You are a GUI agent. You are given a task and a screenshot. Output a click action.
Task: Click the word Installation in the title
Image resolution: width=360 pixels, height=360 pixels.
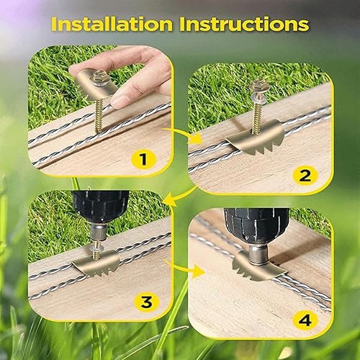(x=112, y=24)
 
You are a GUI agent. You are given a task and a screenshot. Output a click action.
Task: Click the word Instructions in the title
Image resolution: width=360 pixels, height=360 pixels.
(x=244, y=24)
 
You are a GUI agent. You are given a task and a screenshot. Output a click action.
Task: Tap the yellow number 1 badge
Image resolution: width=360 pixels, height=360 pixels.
(x=143, y=159)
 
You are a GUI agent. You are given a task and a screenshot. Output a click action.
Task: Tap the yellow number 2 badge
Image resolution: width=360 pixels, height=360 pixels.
(x=305, y=176)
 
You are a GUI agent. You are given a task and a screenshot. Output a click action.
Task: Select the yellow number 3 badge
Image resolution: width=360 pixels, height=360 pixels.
(x=146, y=302)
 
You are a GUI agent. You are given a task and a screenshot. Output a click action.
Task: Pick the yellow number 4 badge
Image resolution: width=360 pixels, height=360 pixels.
(x=305, y=320)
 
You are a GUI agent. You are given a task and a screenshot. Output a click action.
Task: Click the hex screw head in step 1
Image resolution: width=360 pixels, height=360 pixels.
(x=99, y=75)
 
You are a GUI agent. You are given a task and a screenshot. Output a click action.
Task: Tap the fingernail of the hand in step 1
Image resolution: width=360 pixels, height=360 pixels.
(x=119, y=101)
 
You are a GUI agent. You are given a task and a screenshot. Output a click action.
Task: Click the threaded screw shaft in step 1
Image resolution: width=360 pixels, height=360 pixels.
(x=99, y=114)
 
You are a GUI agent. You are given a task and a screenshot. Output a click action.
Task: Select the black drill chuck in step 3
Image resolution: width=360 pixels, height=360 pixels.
(x=101, y=207)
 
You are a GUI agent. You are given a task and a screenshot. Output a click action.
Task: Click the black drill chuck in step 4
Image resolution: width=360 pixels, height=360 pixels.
(x=256, y=225)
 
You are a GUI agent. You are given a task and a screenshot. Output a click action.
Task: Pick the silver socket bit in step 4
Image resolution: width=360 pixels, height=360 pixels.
(x=257, y=254)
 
